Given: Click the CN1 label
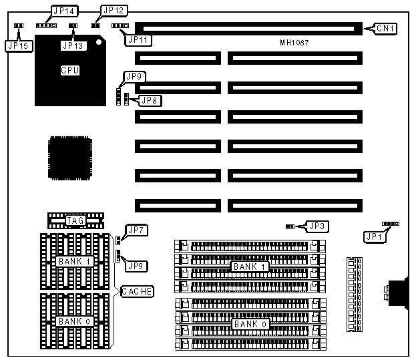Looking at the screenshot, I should (x=385, y=29).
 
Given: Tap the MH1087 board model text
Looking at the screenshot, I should (x=294, y=43).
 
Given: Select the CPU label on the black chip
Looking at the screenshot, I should (x=69, y=69).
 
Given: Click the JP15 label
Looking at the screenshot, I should (x=17, y=45).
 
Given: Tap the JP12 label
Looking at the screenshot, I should (x=112, y=11).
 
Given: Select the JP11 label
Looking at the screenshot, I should (x=138, y=40).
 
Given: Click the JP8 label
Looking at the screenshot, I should (x=150, y=101).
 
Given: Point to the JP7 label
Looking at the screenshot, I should (x=138, y=231).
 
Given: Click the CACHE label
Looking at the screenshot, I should (x=137, y=291).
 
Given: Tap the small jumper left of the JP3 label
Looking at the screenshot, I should (x=290, y=226).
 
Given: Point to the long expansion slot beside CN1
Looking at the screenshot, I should (x=247, y=29).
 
